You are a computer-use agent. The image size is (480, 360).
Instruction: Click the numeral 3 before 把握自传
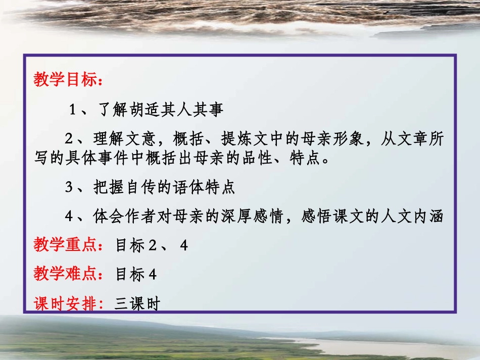[x=70, y=188]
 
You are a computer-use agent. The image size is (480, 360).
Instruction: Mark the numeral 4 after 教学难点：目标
[x=152, y=275]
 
